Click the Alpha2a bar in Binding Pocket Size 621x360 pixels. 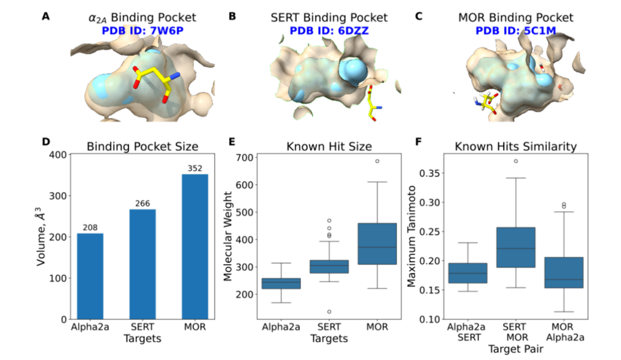90,276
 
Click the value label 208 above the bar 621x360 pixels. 90,228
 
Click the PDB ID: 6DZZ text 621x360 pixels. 324,29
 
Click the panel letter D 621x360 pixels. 45,141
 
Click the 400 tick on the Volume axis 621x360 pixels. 58,155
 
